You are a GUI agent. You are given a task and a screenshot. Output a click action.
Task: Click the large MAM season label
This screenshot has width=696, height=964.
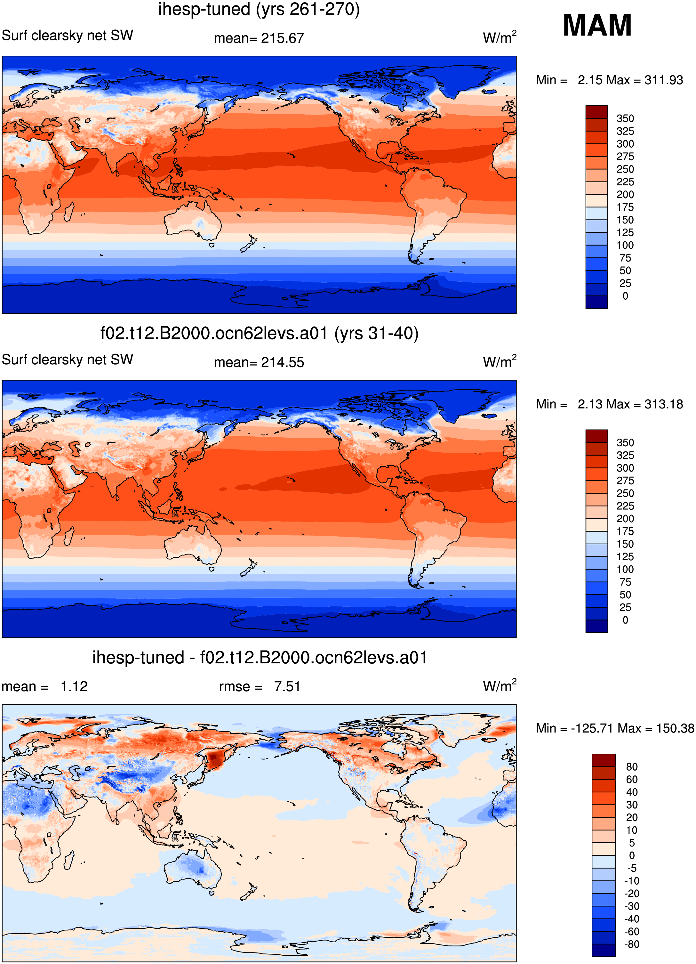(597, 26)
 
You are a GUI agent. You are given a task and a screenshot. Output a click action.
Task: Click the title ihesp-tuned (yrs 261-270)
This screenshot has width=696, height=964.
(259, 9)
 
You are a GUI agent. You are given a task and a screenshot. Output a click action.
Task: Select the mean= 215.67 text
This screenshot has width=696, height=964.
(259, 38)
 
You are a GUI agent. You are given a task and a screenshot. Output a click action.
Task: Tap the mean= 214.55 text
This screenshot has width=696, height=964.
(259, 362)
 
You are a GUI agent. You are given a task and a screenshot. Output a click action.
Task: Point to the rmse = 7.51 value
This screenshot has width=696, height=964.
(260, 686)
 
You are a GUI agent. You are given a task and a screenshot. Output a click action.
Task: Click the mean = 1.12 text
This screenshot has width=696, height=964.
(44, 686)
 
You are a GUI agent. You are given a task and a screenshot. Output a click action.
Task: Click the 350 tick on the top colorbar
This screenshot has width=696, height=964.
(625, 118)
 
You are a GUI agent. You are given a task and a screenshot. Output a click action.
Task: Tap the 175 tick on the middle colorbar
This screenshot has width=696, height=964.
(625, 531)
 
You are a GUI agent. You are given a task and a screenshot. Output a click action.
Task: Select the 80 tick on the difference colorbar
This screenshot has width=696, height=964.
(631, 767)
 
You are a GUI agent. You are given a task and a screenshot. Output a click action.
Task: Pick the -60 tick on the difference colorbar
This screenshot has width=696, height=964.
(631, 931)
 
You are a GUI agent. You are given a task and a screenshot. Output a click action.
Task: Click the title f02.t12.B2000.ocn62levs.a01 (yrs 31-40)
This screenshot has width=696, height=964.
(259, 333)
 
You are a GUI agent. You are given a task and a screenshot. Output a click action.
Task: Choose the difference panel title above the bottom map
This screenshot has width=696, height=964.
(260, 658)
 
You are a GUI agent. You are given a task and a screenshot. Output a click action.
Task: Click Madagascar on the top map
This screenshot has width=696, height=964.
(68, 212)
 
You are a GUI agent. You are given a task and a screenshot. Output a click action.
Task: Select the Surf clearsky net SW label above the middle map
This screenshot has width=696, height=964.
(68, 360)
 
